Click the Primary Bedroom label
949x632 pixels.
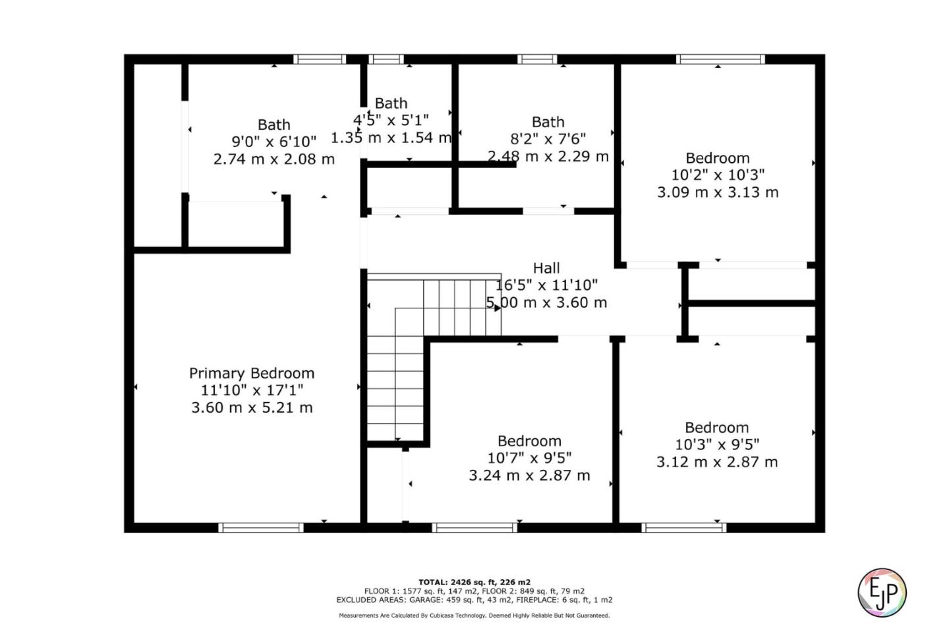(x=252, y=373)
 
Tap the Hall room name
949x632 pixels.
(x=546, y=268)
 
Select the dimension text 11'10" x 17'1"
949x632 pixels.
(x=252, y=390)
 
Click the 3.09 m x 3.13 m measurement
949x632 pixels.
(x=718, y=192)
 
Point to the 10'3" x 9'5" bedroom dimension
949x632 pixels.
(x=717, y=445)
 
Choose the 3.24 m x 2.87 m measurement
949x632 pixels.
(x=529, y=475)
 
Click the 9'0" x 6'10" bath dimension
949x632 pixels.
(x=273, y=142)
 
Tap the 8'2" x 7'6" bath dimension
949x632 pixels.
(x=548, y=139)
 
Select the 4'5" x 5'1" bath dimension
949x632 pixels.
(x=391, y=120)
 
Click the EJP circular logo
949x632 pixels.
(x=882, y=592)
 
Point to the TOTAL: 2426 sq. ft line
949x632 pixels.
(x=474, y=582)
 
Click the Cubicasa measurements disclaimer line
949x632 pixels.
(x=474, y=616)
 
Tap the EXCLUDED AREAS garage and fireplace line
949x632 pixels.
(x=474, y=600)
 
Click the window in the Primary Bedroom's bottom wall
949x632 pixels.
(x=261, y=527)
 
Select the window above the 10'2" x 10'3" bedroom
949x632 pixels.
(x=720, y=59)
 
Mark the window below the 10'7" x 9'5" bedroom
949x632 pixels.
(x=474, y=527)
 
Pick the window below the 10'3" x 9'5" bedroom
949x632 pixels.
(x=683, y=527)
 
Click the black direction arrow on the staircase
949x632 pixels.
(x=497, y=307)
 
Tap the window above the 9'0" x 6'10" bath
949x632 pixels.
(x=320, y=59)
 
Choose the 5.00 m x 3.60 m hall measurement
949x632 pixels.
(x=546, y=302)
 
